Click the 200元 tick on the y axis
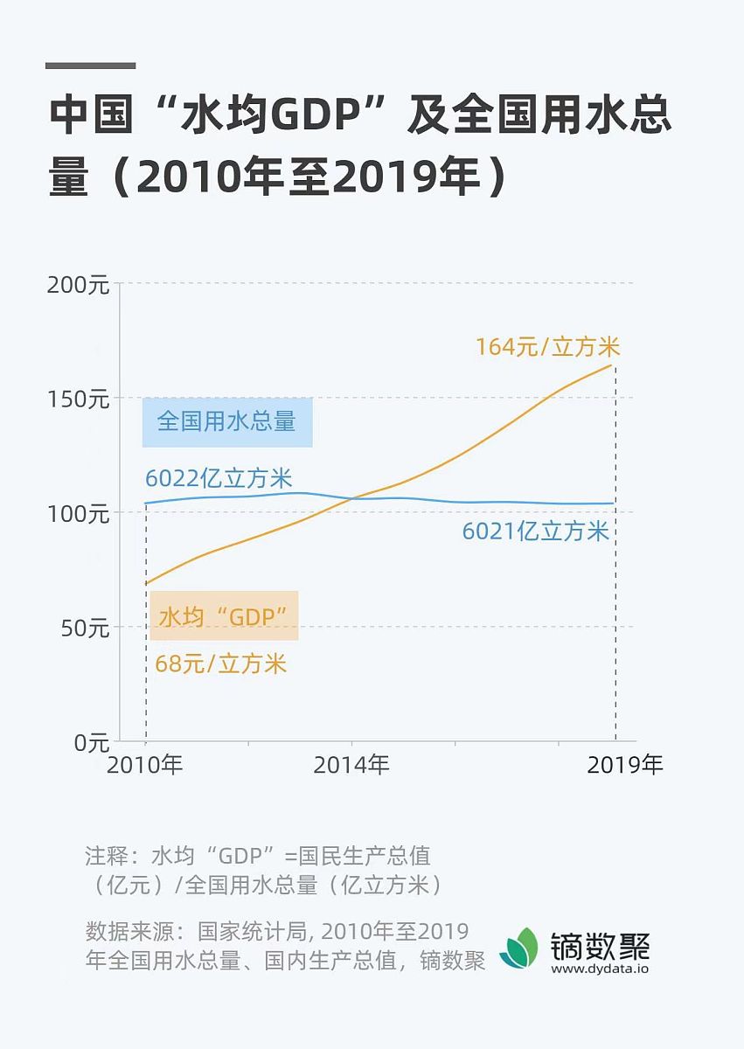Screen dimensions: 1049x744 (x=77, y=285)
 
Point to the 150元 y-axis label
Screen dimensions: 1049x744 (x=77, y=399)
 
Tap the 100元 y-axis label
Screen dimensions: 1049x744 (x=77, y=513)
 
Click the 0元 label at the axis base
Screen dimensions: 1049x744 (x=90, y=742)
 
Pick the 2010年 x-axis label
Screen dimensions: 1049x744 (x=145, y=765)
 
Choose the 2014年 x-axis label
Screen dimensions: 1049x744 (x=351, y=765)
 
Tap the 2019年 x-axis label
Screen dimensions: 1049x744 (x=625, y=765)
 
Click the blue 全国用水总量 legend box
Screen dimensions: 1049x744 (x=227, y=422)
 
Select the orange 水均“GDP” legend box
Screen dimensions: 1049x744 (x=224, y=616)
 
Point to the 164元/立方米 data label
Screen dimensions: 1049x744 (x=547, y=347)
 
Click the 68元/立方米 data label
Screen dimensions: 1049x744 (x=220, y=663)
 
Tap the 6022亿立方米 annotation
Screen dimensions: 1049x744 (x=219, y=479)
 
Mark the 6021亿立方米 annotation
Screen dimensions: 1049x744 (x=535, y=531)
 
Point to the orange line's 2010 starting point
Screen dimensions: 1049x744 (x=146, y=583)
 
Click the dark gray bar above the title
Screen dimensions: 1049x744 (x=90, y=66)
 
